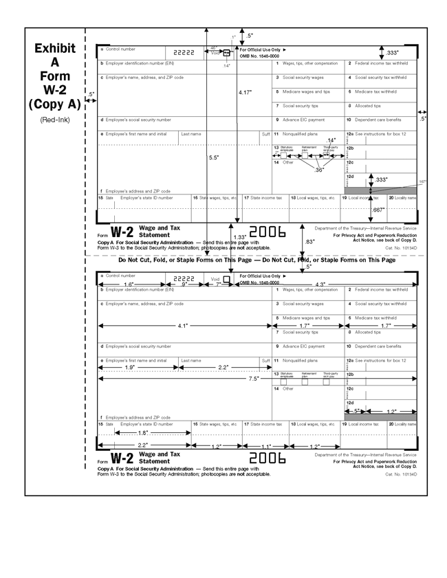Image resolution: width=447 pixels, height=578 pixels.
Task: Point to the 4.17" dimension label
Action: point(245,92)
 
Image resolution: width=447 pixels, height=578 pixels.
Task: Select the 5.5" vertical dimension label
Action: point(214,157)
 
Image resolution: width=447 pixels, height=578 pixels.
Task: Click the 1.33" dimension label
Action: point(239,237)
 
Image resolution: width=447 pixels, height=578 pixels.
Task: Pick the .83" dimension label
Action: point(309,241)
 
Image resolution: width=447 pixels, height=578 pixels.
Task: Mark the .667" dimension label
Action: point(378,210)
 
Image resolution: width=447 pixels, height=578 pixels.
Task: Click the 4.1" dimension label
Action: point(182,326)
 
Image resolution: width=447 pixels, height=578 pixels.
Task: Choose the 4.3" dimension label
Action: point(320,284)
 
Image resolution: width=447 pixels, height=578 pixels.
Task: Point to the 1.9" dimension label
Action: point(129,368)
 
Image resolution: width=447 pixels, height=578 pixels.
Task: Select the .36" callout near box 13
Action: point(319,169)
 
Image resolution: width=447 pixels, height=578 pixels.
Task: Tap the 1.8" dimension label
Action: point(143,433)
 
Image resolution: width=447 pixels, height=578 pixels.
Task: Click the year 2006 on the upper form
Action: point(267,232)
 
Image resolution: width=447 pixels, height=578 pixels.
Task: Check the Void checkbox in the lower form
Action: point(226,279)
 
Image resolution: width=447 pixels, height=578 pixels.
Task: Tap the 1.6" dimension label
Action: point(129,284)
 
